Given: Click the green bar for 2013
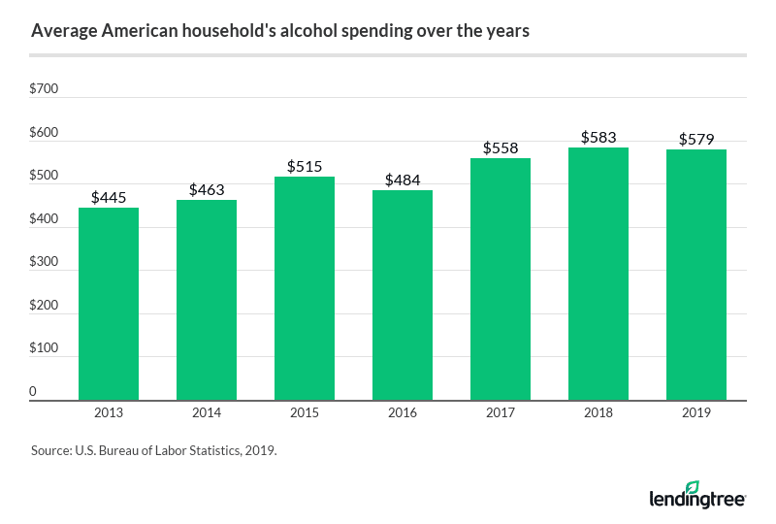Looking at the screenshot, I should pyautogui.click(x=109, y=304).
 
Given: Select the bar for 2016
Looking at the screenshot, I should pyautogui.click(x=403, y=295).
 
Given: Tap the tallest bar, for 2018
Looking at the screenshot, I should pyautogui.click(x=598, y=274).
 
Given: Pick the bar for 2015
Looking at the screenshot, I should pyautogui.click(x=305, y=288).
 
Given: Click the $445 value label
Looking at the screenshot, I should pyautogui.click(x=109, y=197).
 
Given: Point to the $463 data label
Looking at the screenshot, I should pyautogui.click(x=207, y=189).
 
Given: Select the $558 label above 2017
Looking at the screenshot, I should pyautogui.click(x=501, y=147).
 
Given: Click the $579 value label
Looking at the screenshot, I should pyautogui.click(x=696, y=139).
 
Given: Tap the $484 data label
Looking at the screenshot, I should pyautogui.click(x=403, y=180).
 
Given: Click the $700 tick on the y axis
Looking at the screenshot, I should pyautogui.click(x=45, y=89).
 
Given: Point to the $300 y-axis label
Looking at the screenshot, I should pyautogui.click(x=45, y=262).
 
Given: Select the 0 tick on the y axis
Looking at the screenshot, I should pyautogui.click(x=34, y=391).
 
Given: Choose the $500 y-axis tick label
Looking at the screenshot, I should pyautogui.click(x=45, y=176).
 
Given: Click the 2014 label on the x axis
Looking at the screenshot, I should pyautogui.click(x=207, y=413).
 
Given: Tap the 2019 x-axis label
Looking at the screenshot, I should pyautogui.click(x=696, y=413).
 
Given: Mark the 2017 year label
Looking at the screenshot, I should pyautogui.click(x=501, y=413).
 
